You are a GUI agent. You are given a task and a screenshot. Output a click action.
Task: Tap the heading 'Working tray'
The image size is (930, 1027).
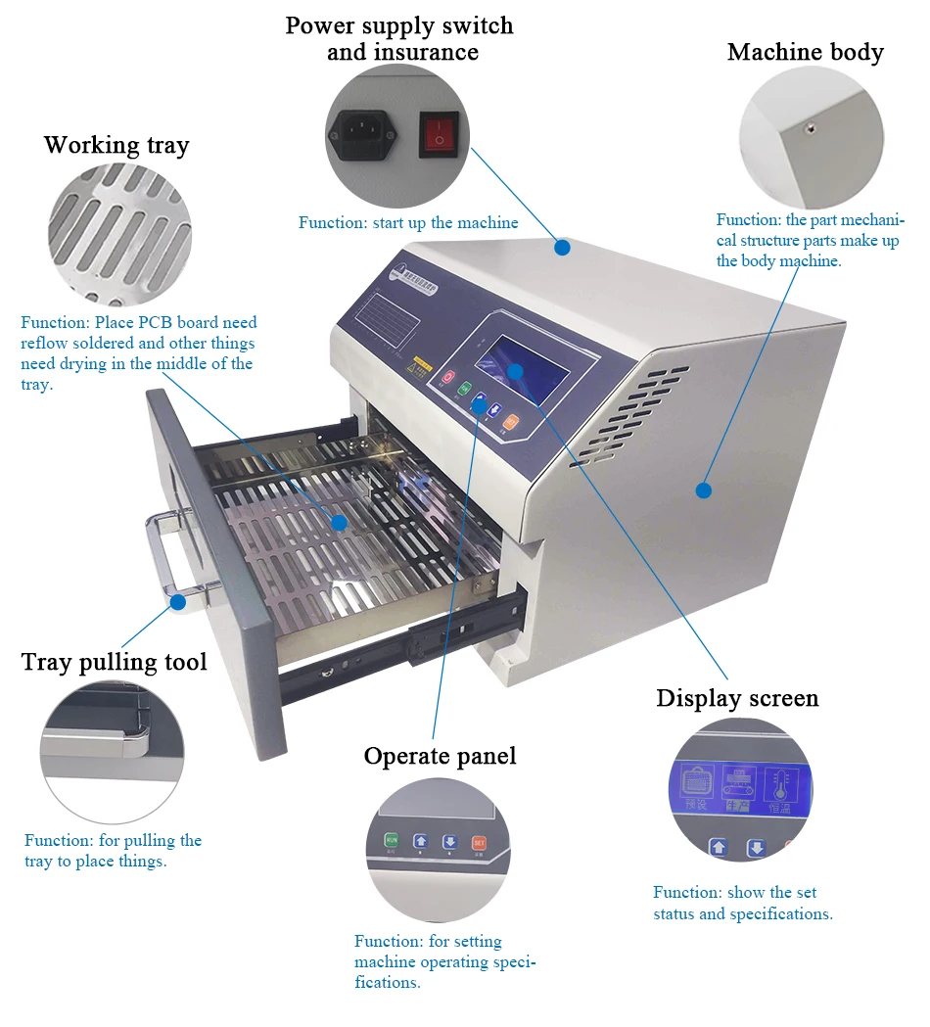116,146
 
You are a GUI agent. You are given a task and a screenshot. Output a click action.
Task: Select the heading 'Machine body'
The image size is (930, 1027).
805,53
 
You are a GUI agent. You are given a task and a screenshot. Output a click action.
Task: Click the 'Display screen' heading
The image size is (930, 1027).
736,698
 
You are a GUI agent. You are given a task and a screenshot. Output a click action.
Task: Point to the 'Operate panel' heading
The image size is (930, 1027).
440,756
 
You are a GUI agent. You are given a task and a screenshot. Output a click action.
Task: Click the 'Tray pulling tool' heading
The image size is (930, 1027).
115,663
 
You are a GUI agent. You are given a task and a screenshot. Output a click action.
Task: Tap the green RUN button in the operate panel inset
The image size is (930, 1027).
391,841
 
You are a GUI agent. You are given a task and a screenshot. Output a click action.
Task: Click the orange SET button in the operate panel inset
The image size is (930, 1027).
479,842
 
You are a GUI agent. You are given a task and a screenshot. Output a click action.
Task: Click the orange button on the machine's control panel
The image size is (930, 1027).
510,422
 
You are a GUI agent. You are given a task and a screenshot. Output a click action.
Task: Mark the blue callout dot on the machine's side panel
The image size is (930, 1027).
703,490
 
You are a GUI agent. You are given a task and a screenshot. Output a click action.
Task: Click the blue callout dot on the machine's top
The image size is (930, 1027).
562,248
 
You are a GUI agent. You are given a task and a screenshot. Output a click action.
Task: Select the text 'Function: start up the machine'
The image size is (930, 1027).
408,223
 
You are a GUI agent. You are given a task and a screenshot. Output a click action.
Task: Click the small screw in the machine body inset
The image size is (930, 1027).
810,127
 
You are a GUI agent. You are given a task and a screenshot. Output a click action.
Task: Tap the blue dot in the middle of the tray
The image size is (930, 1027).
339,523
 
